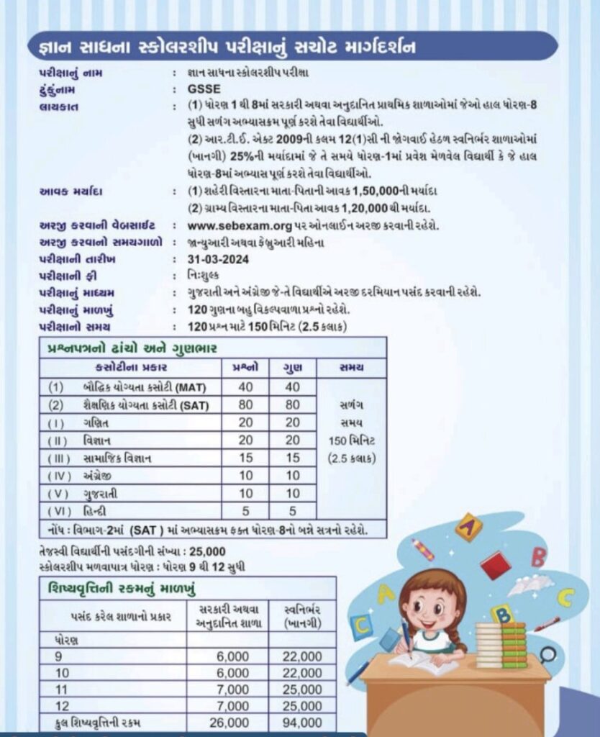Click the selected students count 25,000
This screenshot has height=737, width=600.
[206, 551]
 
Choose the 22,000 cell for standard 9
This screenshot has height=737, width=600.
[302, 656]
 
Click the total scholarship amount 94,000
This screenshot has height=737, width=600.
[302, 723]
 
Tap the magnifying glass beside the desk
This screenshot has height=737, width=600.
[548, 655]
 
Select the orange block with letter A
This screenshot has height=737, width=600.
[468, 528]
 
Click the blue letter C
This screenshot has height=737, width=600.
[565, 597]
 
